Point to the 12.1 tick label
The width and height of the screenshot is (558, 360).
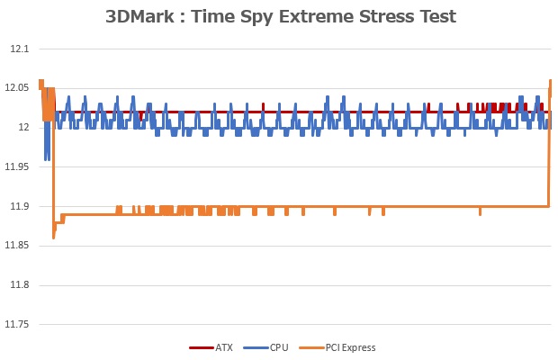[18, 49]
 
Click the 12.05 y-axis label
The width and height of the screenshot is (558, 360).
[16, 87]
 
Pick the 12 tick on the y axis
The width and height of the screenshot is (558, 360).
[24, 127]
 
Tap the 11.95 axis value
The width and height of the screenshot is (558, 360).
[16, 166]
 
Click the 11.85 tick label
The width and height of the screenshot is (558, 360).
[16, 246]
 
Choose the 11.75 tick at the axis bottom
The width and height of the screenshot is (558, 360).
[16, 325]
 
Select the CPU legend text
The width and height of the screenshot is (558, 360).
[278, 347]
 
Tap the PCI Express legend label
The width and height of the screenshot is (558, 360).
[350, 347]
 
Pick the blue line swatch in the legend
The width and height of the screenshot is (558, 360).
[255, 347]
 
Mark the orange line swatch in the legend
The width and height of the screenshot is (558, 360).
[310, 347]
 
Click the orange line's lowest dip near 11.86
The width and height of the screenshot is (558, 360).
[54, 238]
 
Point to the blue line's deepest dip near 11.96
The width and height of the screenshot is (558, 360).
[46, 159]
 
